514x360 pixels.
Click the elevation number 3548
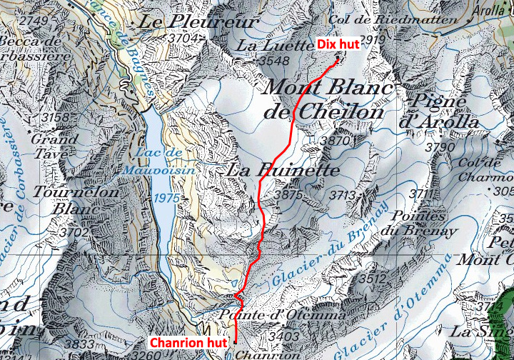click(274, 61)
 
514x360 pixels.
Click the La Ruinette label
click(282, 171)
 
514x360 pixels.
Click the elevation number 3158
click(56, 117)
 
